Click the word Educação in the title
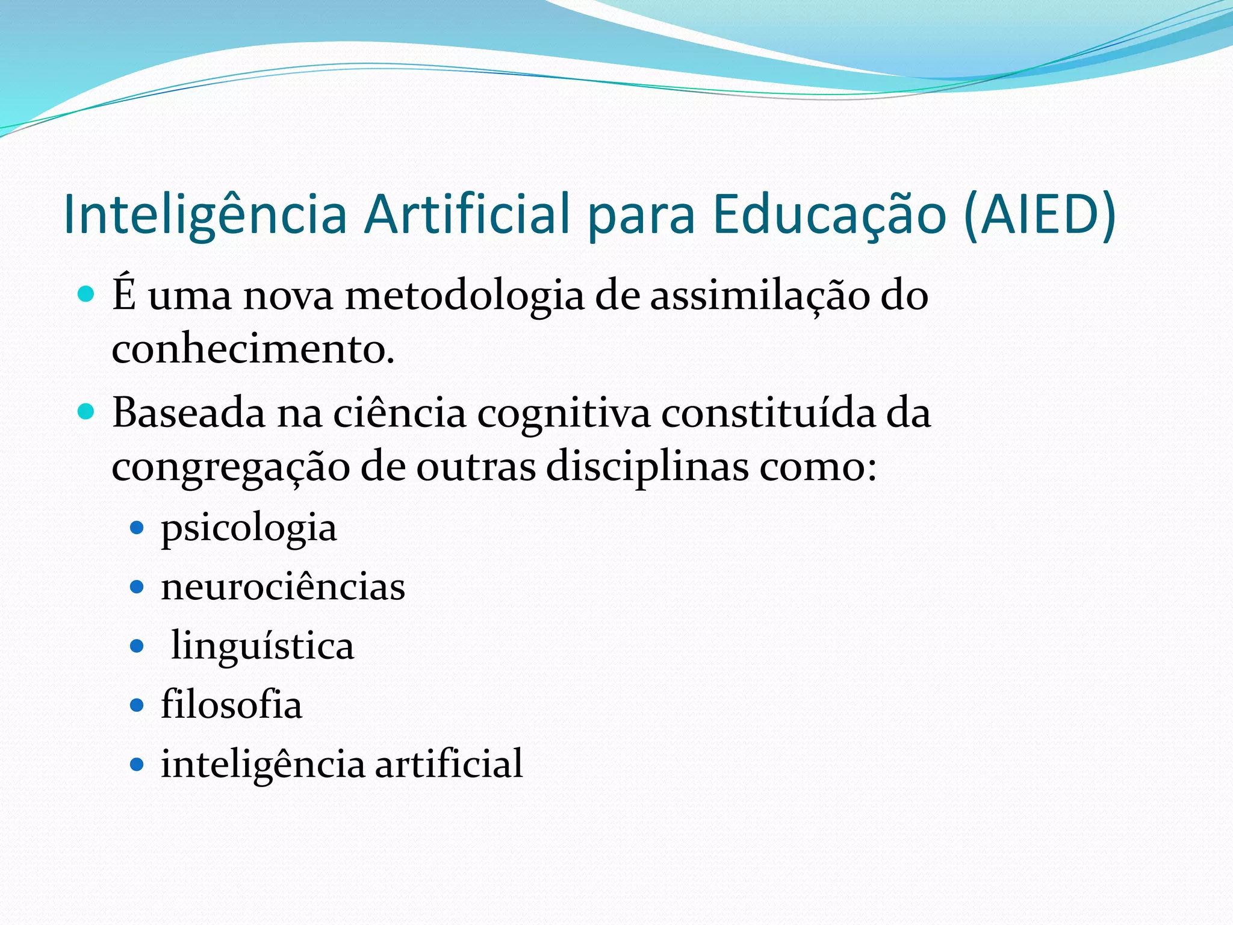829,215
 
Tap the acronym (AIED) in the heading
1040,215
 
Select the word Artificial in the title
467,215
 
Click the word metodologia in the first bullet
464,296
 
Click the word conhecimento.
252,349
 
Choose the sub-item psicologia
249,529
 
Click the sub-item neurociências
283,587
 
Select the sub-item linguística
262,646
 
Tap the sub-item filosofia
231,705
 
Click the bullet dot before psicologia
137,528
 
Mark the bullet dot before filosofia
137,705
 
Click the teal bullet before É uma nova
87,294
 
